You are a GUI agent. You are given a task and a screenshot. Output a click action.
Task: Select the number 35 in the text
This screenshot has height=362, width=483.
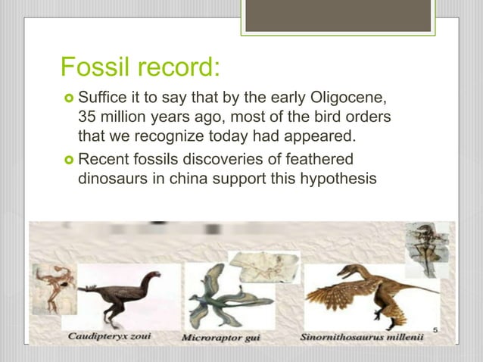click(88, 118)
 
